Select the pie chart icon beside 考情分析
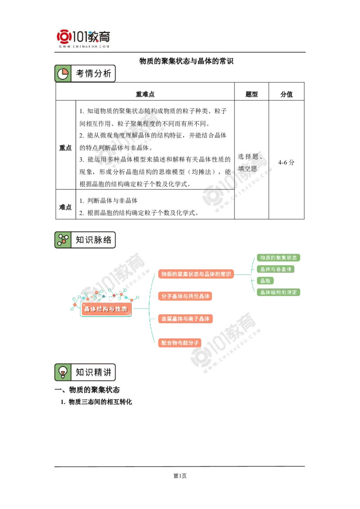pyautogui.click(x=63, y=74)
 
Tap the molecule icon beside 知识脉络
pyautogui.click(x=63, y=240)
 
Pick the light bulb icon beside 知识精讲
pyautogui.click(x=63, y=372)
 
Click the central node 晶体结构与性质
pyautogui.click(x=106, y=309)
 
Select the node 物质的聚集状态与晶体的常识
pyautogui.click(x=196, y=274)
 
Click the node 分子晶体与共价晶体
pyautogui.click(x=185, y=297)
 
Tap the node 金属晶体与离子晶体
pyautogui.click(x=185, y=319)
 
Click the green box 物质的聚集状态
pyautogui.click(x=279, y=258)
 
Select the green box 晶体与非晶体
pyautogui.click(x=275, y=269)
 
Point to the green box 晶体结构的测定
pyautogui.click(x=279, y=293)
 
